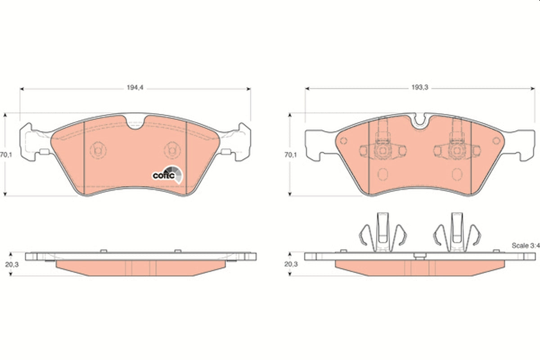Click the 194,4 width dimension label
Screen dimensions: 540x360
(135, 88)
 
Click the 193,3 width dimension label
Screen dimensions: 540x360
(420, 88)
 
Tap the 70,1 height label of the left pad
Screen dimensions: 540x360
(6, 155)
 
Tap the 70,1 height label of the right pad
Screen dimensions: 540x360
(291, 155)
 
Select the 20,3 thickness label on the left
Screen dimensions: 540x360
(12, 265)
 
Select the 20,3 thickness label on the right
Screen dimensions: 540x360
(291, 264)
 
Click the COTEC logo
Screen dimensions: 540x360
(167, 175)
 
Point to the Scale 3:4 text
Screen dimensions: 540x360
(526, 245)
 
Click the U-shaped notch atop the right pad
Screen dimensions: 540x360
(419, 122)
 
